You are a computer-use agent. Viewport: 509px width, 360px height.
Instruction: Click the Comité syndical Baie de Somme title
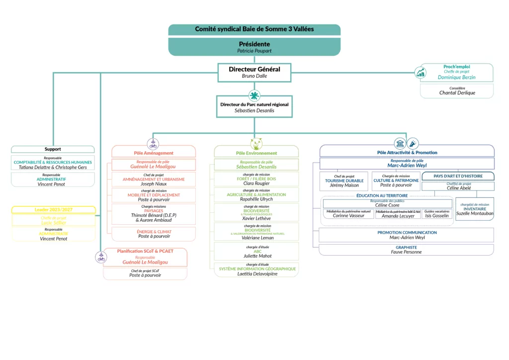pyautogui.click(x=254, y=29)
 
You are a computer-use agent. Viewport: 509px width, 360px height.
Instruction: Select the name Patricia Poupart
pyautogui.click(x=254, y=51)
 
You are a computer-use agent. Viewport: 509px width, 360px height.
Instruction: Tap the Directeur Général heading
pyautogui.click(x=254, y=69)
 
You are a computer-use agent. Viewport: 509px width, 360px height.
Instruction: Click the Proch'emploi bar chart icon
pyautogui.click(x=421, y=73)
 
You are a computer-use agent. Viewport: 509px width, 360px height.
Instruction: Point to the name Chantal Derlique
pyautogui.click(x=457, y=92)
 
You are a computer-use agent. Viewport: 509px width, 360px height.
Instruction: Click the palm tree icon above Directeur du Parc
pyautogui.click(x=254, y=95)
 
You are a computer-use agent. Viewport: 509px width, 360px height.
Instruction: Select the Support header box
pyautogui.click(x=53, y=149)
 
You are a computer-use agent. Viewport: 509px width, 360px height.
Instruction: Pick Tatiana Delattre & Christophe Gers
pyautogui.click(x=53, y=168)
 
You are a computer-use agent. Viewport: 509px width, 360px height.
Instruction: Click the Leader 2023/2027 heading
pyautogui.click(x=53, y=210)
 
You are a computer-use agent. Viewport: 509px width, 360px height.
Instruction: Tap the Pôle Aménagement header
pyautogui.click(x=154, y=153)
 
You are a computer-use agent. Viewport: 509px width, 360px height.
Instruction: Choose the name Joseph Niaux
pyautogui.click(x=154, y=184)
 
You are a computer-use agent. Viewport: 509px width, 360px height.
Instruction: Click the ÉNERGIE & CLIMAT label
pyautogui.click(x=154, y=232)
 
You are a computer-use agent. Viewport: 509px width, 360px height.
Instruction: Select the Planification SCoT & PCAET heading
pyautogui.click(x=145, y=251)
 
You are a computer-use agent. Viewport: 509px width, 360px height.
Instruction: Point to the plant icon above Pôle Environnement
pyautogui.click(x=256, y=144)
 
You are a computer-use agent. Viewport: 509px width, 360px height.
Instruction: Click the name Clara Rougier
pyautogui.click(x=256, y=183)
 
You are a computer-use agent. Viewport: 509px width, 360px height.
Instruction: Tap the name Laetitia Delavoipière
pyautogui.click(x=257, y=274)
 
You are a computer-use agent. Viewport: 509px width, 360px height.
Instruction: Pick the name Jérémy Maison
pyautogui.click(x=343, y=185)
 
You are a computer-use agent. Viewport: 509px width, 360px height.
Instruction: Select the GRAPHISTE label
pyautogui.click(x=406, y=247)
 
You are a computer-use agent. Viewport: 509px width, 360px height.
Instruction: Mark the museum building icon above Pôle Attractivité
pyautogui.click(x=400, y=143)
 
